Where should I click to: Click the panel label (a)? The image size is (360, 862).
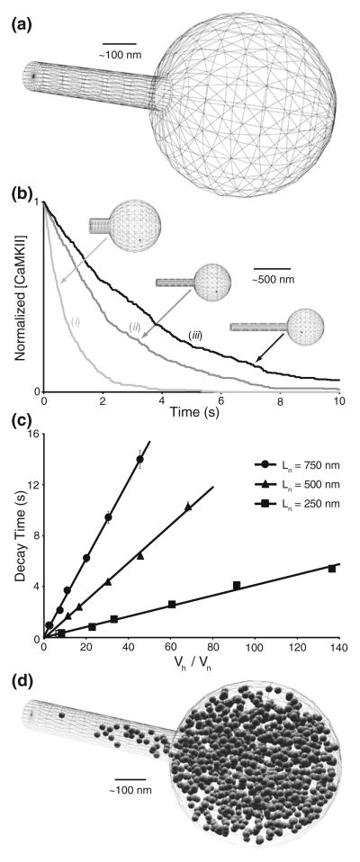pyautogui.click(x=23, y=12)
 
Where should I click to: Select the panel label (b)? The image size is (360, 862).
pyautogui.click(x=23, y=192)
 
